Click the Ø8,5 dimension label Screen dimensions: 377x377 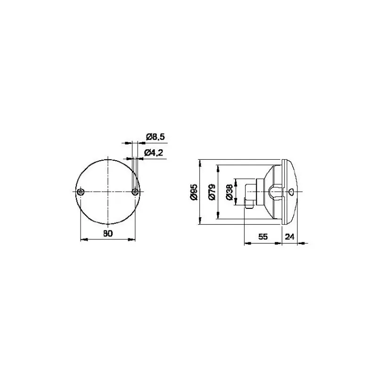coord(156,137)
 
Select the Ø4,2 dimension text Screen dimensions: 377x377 coord(154,152)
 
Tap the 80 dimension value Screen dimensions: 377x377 coord(108,233)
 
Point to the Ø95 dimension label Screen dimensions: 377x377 coord(194,192)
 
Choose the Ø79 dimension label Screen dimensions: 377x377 coord(212,192)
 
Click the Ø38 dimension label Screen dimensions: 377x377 coord(229,192)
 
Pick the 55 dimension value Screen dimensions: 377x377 coord(263,237)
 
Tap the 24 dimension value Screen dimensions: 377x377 coord(289,237)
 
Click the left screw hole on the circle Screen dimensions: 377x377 coord(80,192)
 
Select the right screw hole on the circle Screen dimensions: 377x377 coord(135,192)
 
